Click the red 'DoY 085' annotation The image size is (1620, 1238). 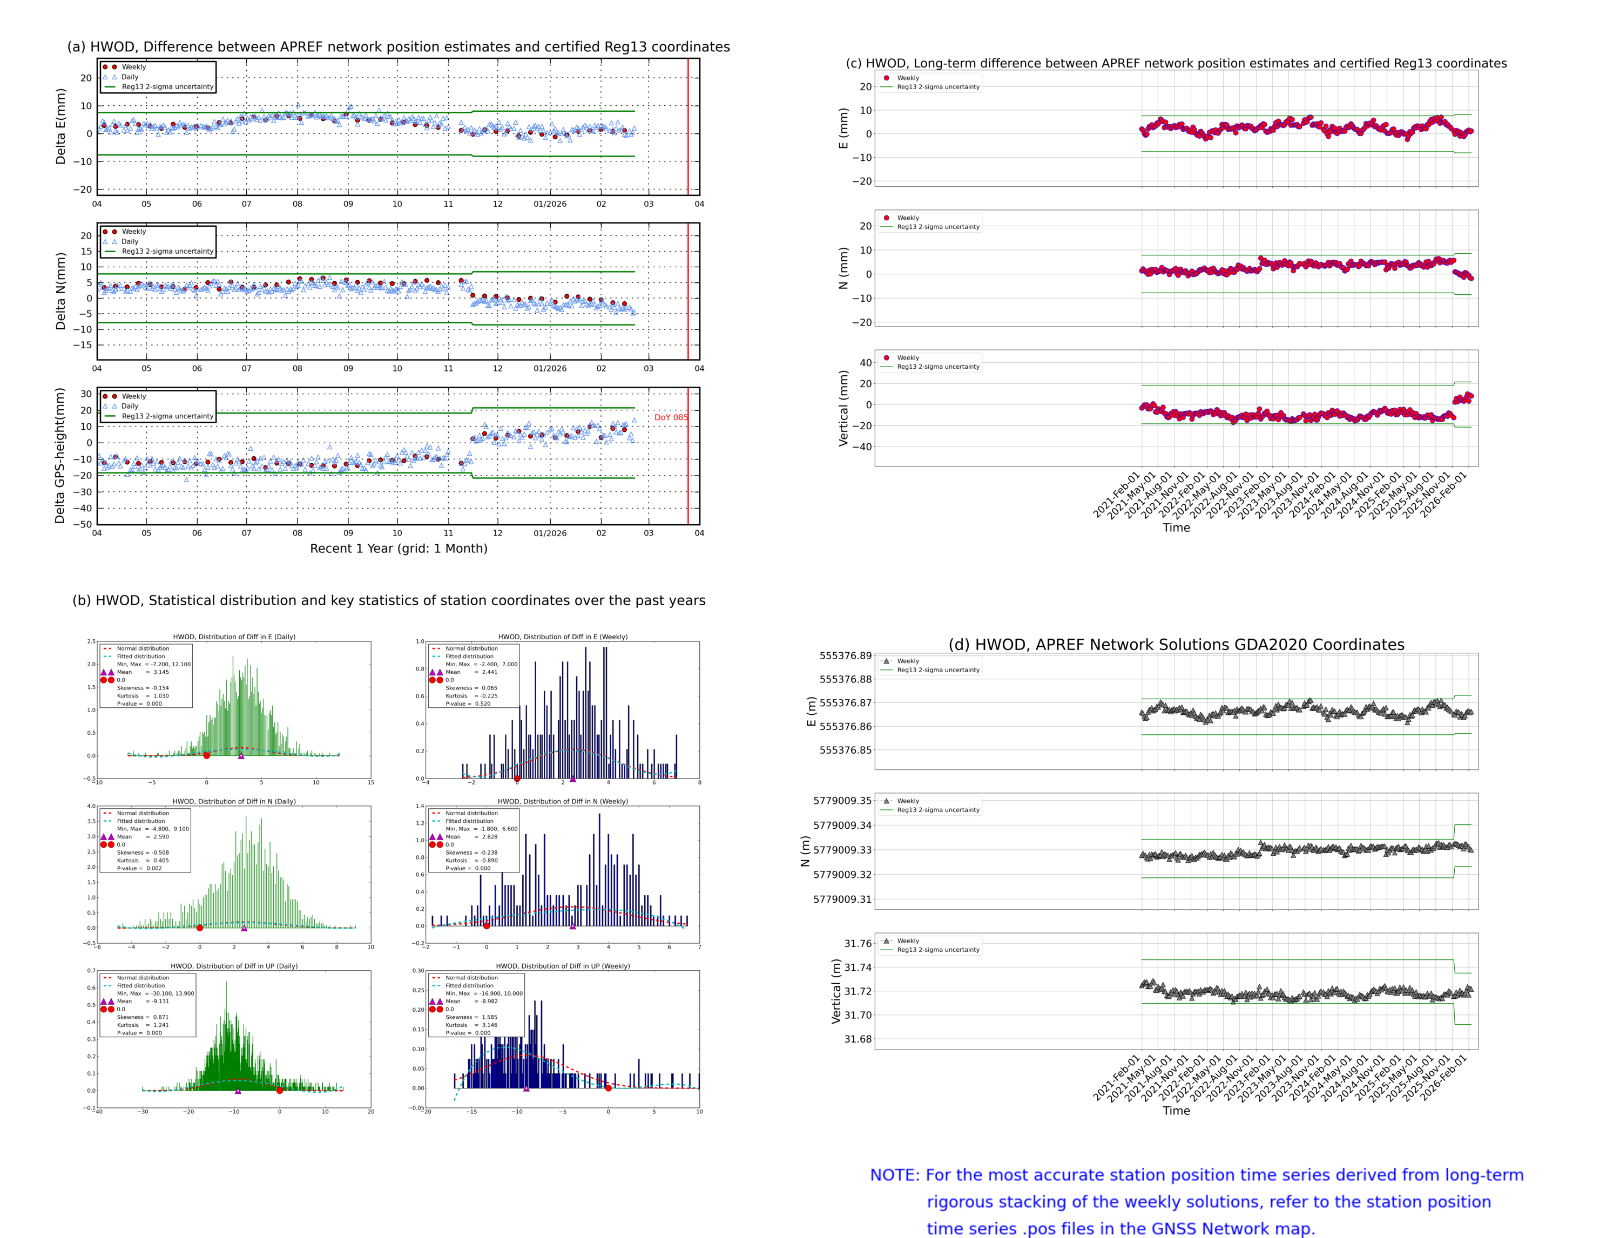pos(670,417)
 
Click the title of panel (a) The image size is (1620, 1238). pos(398,46)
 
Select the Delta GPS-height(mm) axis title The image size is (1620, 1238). pos(60,455)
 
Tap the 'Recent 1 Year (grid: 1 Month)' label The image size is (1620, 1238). pos(398,548)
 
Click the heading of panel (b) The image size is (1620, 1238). pos(388,600)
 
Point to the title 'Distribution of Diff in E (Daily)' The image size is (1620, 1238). pos(234,637)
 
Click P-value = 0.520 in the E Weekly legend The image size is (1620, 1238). pos(468,703)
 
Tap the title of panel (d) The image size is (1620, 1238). pos(1176,645)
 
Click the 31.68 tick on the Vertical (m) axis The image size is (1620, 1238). pos(857,1039)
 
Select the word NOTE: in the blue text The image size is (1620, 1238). pos(894,1175)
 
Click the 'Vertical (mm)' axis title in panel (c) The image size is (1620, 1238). pos(843,408)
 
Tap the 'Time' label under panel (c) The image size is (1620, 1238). pos(1176,527)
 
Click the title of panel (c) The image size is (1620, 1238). pos(1176,63)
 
